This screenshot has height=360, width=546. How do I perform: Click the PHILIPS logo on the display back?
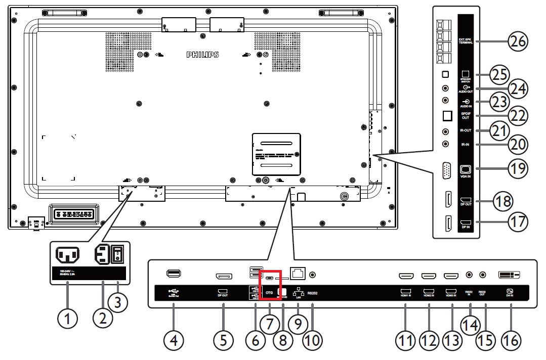pos(202,55)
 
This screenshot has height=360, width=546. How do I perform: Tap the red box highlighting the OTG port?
pos(270,285)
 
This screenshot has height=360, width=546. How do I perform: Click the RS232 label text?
pos(312,292)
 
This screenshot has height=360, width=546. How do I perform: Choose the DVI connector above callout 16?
pos(509,275)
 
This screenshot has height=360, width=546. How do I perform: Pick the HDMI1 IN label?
pos(405,292)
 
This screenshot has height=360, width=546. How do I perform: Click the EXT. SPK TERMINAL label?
pos(466,41)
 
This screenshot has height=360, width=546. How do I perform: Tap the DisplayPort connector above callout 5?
pos(223,276)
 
